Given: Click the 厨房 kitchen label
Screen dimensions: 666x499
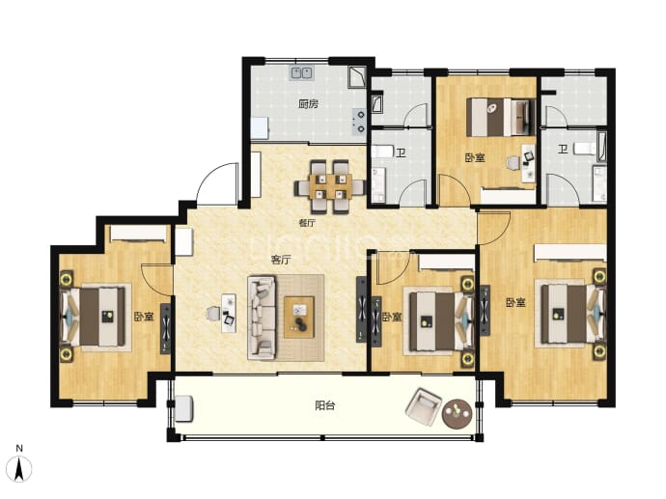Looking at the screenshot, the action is click(308, 103).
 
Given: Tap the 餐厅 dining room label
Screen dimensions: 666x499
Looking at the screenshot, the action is click(307, 223).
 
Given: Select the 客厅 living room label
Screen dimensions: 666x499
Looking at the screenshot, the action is click(281, 260).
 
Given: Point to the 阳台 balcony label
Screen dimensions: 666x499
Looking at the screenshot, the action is click(325, 405).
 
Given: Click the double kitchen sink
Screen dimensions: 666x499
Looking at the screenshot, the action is click(301, 73).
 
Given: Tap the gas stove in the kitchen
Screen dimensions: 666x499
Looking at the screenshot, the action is click(358, 121).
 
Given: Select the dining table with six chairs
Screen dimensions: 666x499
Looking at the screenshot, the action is click(329, 186).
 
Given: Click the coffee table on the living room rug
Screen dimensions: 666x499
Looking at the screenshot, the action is click(299, 317).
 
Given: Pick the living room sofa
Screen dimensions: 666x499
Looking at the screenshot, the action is click(262, 318).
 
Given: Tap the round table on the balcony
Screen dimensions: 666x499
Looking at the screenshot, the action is click(457, 413).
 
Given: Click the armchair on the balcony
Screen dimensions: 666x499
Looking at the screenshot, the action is click(424, 406).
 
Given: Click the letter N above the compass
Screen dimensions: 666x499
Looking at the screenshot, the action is click(19, 448).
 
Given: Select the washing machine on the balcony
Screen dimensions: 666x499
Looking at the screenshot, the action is click(184, 408).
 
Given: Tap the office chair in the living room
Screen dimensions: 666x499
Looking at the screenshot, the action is click(212, 314).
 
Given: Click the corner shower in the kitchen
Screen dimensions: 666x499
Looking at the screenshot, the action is click(357, 76).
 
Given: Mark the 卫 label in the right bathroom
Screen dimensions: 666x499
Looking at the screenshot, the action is click(563, 149).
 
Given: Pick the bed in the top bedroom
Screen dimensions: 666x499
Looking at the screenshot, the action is click(500, 117).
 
